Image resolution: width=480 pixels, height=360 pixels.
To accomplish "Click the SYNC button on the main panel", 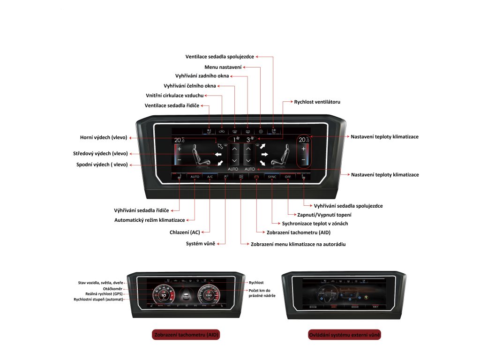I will [x=272, y=177].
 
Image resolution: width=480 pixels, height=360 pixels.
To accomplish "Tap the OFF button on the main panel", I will [x=288, y=177].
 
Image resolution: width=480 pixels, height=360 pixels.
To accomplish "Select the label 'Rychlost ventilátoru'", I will [x=317, y=101].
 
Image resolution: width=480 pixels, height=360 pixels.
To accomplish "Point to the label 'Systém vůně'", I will [x=200, y=243].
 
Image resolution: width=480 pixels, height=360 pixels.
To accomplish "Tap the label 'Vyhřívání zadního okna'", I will [x=202, y=76].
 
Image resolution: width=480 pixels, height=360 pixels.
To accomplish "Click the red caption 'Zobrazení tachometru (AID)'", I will [x=187, y=335].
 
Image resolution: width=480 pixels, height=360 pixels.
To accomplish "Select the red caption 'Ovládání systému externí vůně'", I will [x=344, y=335].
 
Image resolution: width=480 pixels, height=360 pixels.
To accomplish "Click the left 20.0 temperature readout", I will [x=179, y=140].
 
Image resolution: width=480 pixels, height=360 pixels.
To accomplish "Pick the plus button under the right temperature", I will [x=303, y=149].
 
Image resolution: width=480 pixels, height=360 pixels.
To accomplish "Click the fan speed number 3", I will [x=248, y=140].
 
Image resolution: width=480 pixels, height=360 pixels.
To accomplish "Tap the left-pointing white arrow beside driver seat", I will [x=218, y=154].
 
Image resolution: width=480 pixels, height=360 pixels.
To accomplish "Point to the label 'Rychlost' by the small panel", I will [x=256, y=283].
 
